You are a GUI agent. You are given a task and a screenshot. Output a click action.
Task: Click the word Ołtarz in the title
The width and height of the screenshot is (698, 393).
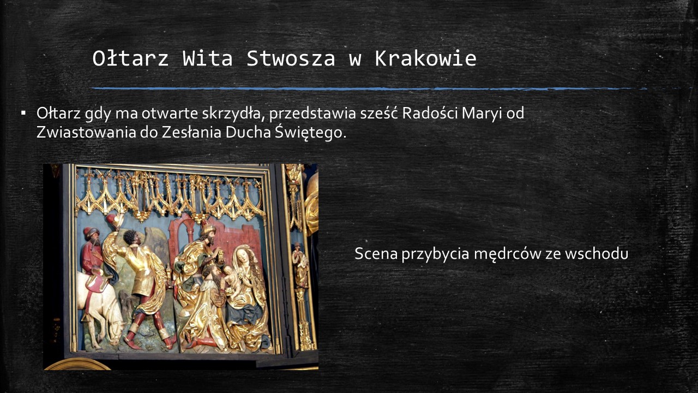point(130,58)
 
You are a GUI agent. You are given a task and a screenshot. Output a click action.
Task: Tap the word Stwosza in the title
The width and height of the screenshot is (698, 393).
point(291,58)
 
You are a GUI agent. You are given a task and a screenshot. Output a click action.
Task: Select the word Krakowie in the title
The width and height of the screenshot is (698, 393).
point(426,58)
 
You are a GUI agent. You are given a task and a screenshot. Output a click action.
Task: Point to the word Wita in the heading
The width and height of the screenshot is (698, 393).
point(208,58)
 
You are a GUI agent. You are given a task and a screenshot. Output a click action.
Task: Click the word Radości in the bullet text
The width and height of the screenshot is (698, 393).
point(430,113)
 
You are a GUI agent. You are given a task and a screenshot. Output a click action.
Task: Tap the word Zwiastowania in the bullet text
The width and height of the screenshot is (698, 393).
point(86,132)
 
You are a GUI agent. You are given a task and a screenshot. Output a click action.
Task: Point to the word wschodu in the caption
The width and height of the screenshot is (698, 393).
point(597,253)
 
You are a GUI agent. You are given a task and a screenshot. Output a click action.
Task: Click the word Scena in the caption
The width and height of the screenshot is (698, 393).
point(376,253)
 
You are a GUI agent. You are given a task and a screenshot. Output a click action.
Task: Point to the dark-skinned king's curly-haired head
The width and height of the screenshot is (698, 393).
point(130,237)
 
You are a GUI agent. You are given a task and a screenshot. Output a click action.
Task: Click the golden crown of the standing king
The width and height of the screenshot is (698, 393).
point(208,229)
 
